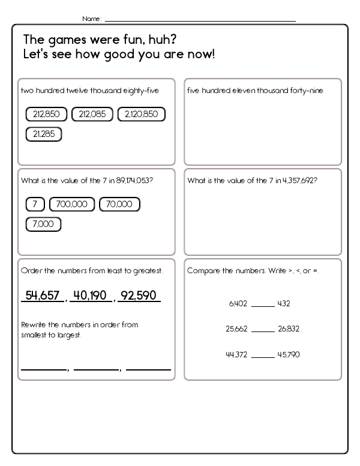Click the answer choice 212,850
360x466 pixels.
point(47,114)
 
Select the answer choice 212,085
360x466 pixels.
point(92,114)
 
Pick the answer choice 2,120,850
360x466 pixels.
point(142,114)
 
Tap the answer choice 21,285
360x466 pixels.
point(44,134)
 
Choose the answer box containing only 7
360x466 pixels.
point(35,204)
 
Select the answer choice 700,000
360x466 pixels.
point(72,204)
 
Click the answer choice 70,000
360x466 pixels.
point(119,204)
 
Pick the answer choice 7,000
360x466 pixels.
point(43,225)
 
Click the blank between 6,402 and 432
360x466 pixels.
point(262,305)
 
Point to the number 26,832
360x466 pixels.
point(289,328)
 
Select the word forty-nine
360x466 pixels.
point(307,91)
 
